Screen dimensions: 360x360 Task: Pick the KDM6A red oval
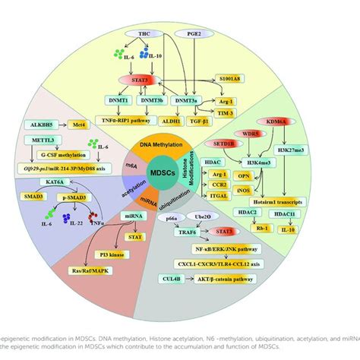276,120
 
